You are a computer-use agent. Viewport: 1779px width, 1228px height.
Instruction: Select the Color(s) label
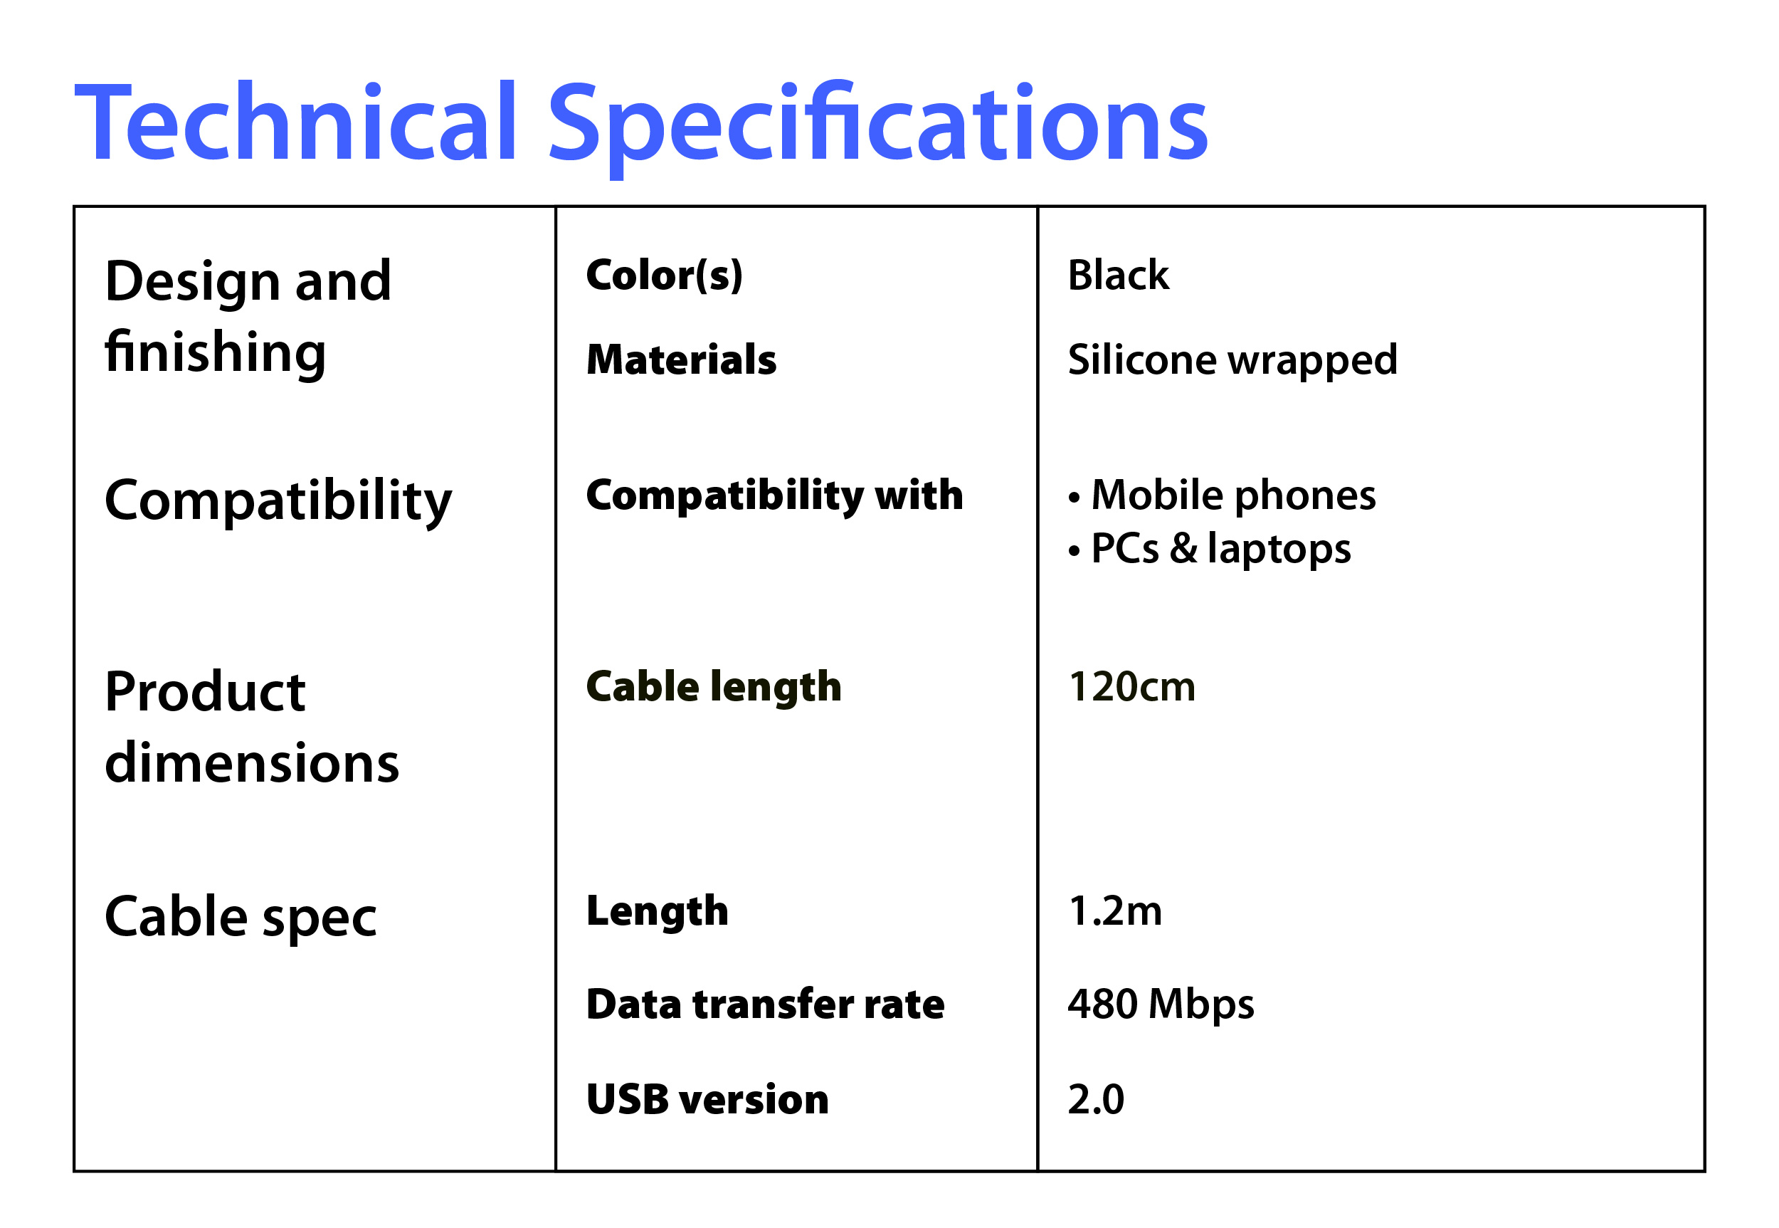click(x=665, y=275)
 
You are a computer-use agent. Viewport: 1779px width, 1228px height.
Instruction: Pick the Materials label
click(x=682, y=360)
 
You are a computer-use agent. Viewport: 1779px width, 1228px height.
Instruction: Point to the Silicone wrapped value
click(x=1232, y=360)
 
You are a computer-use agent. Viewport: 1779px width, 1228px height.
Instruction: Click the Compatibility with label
click(x=774, y=495)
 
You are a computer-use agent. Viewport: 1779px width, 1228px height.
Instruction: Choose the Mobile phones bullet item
click(x=1222, y=495)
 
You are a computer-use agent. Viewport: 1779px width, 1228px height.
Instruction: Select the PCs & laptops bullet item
click(x=1209, y=550)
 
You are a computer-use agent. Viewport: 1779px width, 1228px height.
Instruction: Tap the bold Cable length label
click(x=714, y=686)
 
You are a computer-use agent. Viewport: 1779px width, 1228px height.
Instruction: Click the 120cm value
click(x=1131, y=686)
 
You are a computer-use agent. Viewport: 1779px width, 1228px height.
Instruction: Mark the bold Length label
click(x=657, y=912)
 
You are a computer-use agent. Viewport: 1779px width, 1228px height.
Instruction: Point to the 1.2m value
click(x=1115, y=911)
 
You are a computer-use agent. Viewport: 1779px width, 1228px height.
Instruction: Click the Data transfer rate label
click(x=765, y=1004)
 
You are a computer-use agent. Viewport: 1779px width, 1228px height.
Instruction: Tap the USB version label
click(x=707, y=1098)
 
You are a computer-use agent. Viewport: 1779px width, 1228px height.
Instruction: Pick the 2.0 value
click(x=1096, y=1098)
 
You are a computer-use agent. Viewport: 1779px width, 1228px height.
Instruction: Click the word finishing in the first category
click(x=216, y=352)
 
